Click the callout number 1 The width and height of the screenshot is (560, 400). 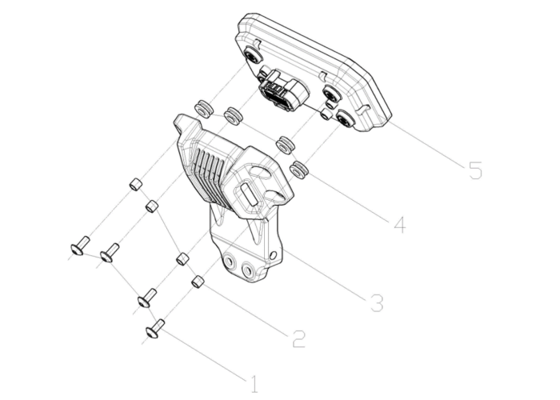pos(254,385)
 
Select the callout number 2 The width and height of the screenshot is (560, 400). pos(299,339)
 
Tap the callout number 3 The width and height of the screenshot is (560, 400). pos(377,303)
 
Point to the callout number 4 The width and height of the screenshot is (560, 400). pos(400,225)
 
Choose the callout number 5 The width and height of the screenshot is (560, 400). pos(475,170)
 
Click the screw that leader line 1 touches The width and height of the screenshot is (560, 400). pos(155,329)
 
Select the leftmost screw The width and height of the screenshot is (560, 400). pos(80,246)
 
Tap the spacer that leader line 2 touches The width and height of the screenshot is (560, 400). pos(198,281)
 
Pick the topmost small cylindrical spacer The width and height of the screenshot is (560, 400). pos(136,185)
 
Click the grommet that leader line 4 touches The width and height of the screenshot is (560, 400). pos(299,170)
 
